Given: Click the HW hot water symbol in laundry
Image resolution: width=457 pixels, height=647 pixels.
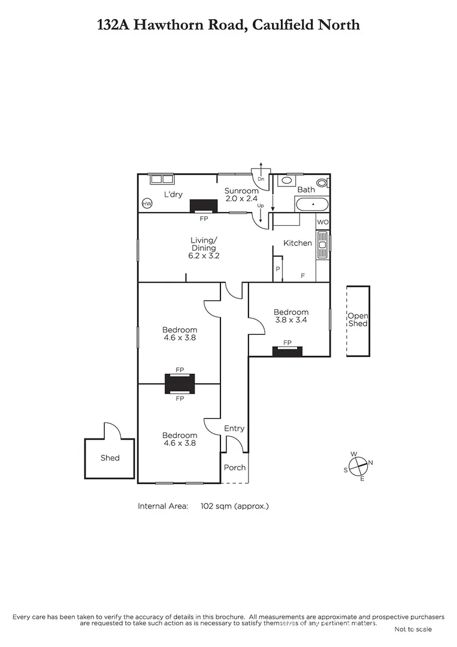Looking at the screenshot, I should (x=147, y=204).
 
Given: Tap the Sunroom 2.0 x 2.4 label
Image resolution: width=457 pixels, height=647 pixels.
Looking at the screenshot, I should (x=242, y=195).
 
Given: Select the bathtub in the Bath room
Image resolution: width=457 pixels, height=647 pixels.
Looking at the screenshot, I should (x=311, y=204).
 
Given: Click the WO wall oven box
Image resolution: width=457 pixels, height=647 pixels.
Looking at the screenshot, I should (x=323, y=222).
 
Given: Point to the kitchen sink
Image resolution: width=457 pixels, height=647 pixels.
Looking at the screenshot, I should (x=322, y=244).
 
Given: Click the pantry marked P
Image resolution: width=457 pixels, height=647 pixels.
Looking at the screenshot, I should (x=277, y=270).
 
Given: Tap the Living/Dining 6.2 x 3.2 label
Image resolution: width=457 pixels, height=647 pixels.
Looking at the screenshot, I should (x=204, y=248).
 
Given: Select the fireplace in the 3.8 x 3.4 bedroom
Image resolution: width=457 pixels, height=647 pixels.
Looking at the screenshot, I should (x=287, y=351).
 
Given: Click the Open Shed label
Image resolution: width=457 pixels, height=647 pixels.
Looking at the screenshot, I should (x=358, y=320).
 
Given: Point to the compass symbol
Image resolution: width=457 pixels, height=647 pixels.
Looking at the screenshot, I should (x=358, y=465).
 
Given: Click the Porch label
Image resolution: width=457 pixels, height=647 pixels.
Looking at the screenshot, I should (x=234, y=467).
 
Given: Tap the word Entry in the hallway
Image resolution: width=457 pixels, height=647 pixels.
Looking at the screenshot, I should (x=234, y=428).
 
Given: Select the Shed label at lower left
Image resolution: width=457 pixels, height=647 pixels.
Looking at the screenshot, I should (x=110, y=458).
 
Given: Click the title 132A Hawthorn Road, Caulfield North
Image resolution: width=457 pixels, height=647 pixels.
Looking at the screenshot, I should (x=228, y=25).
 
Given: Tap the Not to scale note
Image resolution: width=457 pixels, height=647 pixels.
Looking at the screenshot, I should (x=413, y=629).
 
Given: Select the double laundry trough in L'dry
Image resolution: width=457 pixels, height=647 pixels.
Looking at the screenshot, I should (x=161, y=179).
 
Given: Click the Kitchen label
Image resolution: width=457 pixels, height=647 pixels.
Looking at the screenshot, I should (x=298, y=243).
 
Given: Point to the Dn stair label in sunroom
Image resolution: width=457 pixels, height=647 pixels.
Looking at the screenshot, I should (x=261, y=179).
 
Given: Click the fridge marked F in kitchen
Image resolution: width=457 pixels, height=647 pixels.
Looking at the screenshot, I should (x=302, y=276).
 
